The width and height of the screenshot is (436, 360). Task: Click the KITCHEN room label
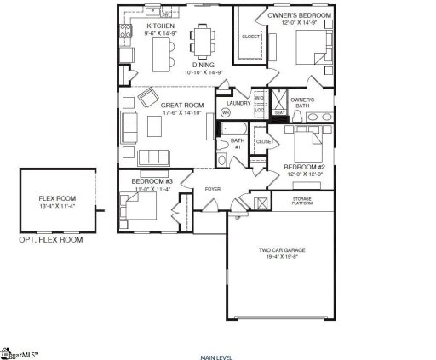161,26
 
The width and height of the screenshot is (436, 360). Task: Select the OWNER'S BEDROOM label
300,15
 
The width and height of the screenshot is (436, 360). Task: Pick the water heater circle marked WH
226,112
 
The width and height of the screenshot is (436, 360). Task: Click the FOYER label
213,189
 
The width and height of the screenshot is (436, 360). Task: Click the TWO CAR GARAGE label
282,249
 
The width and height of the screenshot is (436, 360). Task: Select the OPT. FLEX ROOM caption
51,240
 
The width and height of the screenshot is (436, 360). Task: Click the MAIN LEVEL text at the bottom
217,357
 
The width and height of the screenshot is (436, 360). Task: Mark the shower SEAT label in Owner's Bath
279,112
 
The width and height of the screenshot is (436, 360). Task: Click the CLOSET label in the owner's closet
250,37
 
